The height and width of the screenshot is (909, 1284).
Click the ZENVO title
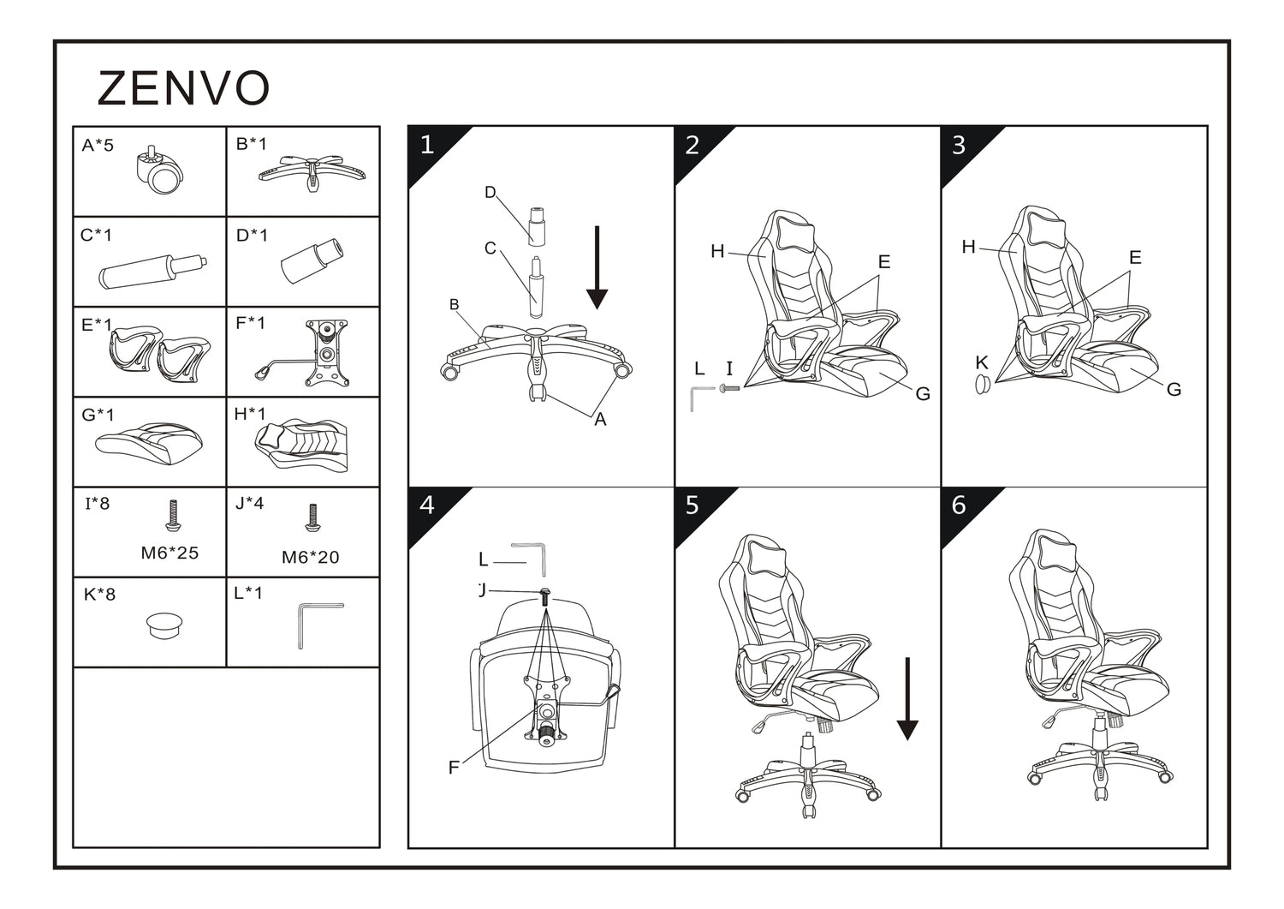pos(184,88)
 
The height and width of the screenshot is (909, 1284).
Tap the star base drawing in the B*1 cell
pos(312,170)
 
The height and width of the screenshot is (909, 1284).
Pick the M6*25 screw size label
pos(169,553)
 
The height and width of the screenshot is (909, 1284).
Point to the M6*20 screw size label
pos(310,558)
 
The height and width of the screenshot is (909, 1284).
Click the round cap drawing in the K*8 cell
pos(164,625)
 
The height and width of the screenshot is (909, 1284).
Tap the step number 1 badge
pos(427,145)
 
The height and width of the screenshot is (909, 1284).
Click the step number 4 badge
pos(427,505)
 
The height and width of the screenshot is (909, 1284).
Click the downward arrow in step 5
pos(907,698)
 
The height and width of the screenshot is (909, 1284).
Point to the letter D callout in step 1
pos(490,193)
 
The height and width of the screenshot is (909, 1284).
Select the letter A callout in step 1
pos(600,420)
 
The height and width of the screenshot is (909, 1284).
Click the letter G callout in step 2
pos(923,394)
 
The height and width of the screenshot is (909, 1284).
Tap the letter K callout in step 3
pos(982,363)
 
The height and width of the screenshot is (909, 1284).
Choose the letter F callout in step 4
pos(454,768)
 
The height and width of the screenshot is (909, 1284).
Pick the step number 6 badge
pos(959,505)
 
